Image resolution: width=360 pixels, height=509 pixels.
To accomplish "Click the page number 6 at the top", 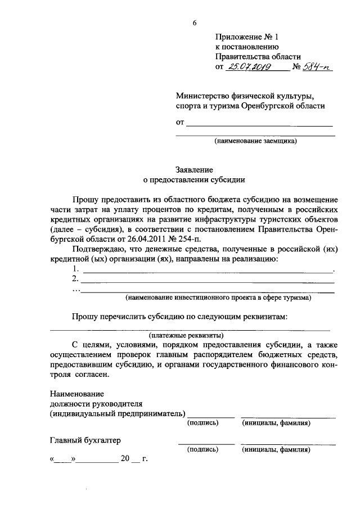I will pyautogui.click(x=195, y=22).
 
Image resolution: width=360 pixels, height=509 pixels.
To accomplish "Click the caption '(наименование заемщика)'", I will pyautogui.click(x=256, y=142).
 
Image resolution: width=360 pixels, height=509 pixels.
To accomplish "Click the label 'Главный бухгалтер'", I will pyautogui.click(x=85, y=440).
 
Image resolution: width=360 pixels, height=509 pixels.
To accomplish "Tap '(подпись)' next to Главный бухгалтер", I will pyautogui.click(x=202, y=450).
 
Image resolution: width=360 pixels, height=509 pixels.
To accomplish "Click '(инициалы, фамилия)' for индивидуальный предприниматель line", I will pyautogui.click(x=276, y=423).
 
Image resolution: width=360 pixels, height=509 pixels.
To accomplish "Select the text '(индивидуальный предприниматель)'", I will pyautogui.click(x=117, y=414).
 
